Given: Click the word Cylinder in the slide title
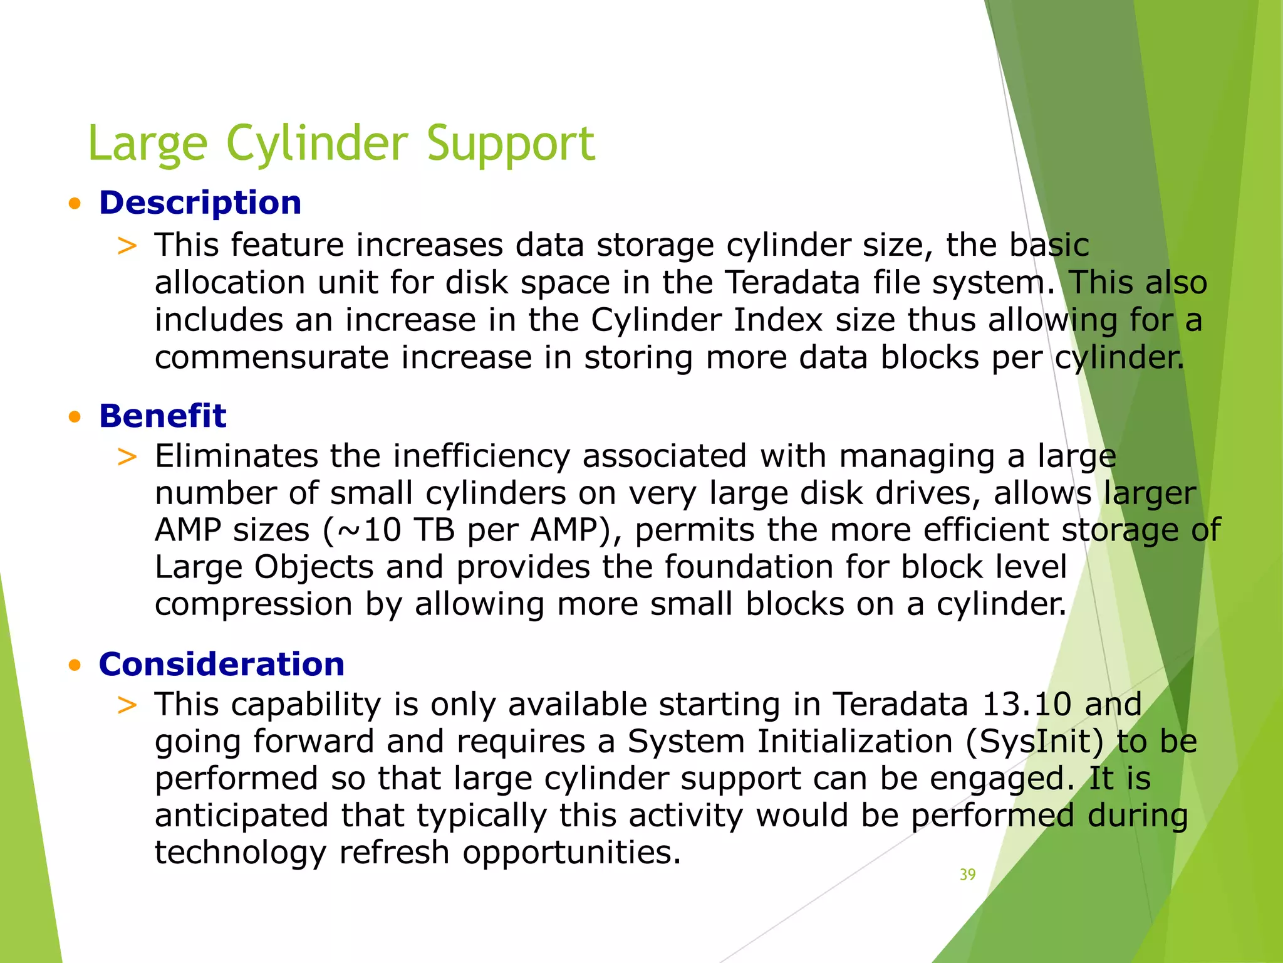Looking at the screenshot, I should tap(316, 143).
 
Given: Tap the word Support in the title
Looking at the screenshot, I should tap(511, 143).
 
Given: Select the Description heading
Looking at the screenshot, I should tap(200, 203).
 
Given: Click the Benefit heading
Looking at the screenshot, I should tap(162, 416).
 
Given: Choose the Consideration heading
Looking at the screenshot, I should tap(221, 665).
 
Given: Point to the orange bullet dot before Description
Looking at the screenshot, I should tap(75, 204).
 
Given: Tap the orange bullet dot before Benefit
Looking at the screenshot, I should tap(75, 417).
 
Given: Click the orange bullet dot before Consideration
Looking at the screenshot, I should tap(75, 665).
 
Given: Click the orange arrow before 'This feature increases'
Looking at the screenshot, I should tap(127, 246).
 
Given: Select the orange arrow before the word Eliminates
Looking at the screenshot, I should tap(127, 457).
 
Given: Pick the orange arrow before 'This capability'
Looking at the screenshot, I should tap(127, 705).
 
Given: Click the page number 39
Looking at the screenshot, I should tap(967, 875).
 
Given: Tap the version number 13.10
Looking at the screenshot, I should tap(1026, 705).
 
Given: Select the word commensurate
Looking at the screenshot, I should tap(271, 358).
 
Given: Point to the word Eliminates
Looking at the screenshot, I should tap(236, 456).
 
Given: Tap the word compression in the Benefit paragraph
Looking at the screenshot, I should tap(253, 604).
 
